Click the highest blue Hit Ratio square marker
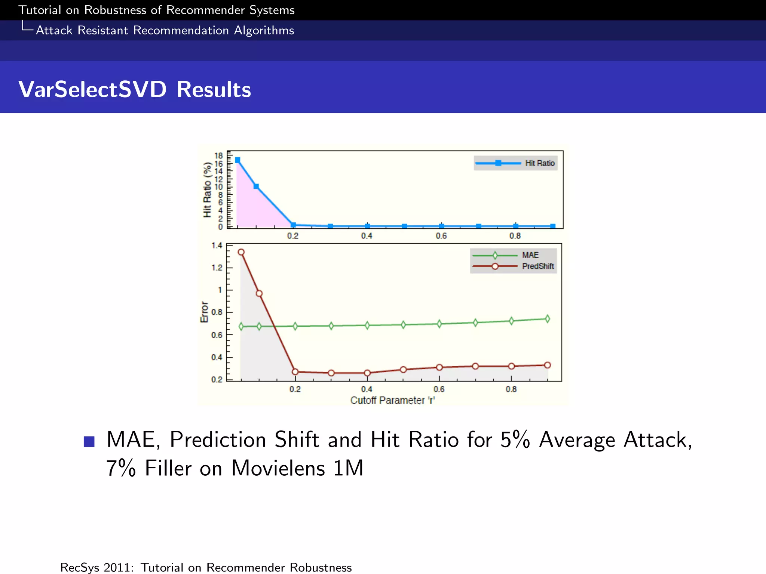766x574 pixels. coord(238,160)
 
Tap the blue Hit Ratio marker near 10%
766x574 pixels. coord(256,186)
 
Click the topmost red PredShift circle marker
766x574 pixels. coord(241,252)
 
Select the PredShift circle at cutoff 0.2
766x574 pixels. coord(295,372)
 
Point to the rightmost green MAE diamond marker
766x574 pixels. coord(548,319)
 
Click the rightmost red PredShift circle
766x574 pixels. coord(548,365)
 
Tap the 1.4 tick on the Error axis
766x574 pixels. coord(217,246)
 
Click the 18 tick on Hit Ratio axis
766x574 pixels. coord(218,155)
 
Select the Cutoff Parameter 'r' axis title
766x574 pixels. coord(392,401)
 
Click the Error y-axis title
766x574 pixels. coord(204,312)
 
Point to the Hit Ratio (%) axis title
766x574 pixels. coord(207,190)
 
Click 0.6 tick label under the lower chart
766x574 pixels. coord(439,389)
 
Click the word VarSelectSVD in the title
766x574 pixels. coord(92,90)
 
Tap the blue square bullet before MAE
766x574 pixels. coord(89,442)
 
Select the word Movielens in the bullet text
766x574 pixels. coord(278,468)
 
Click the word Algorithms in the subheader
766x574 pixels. coord(264,30)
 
